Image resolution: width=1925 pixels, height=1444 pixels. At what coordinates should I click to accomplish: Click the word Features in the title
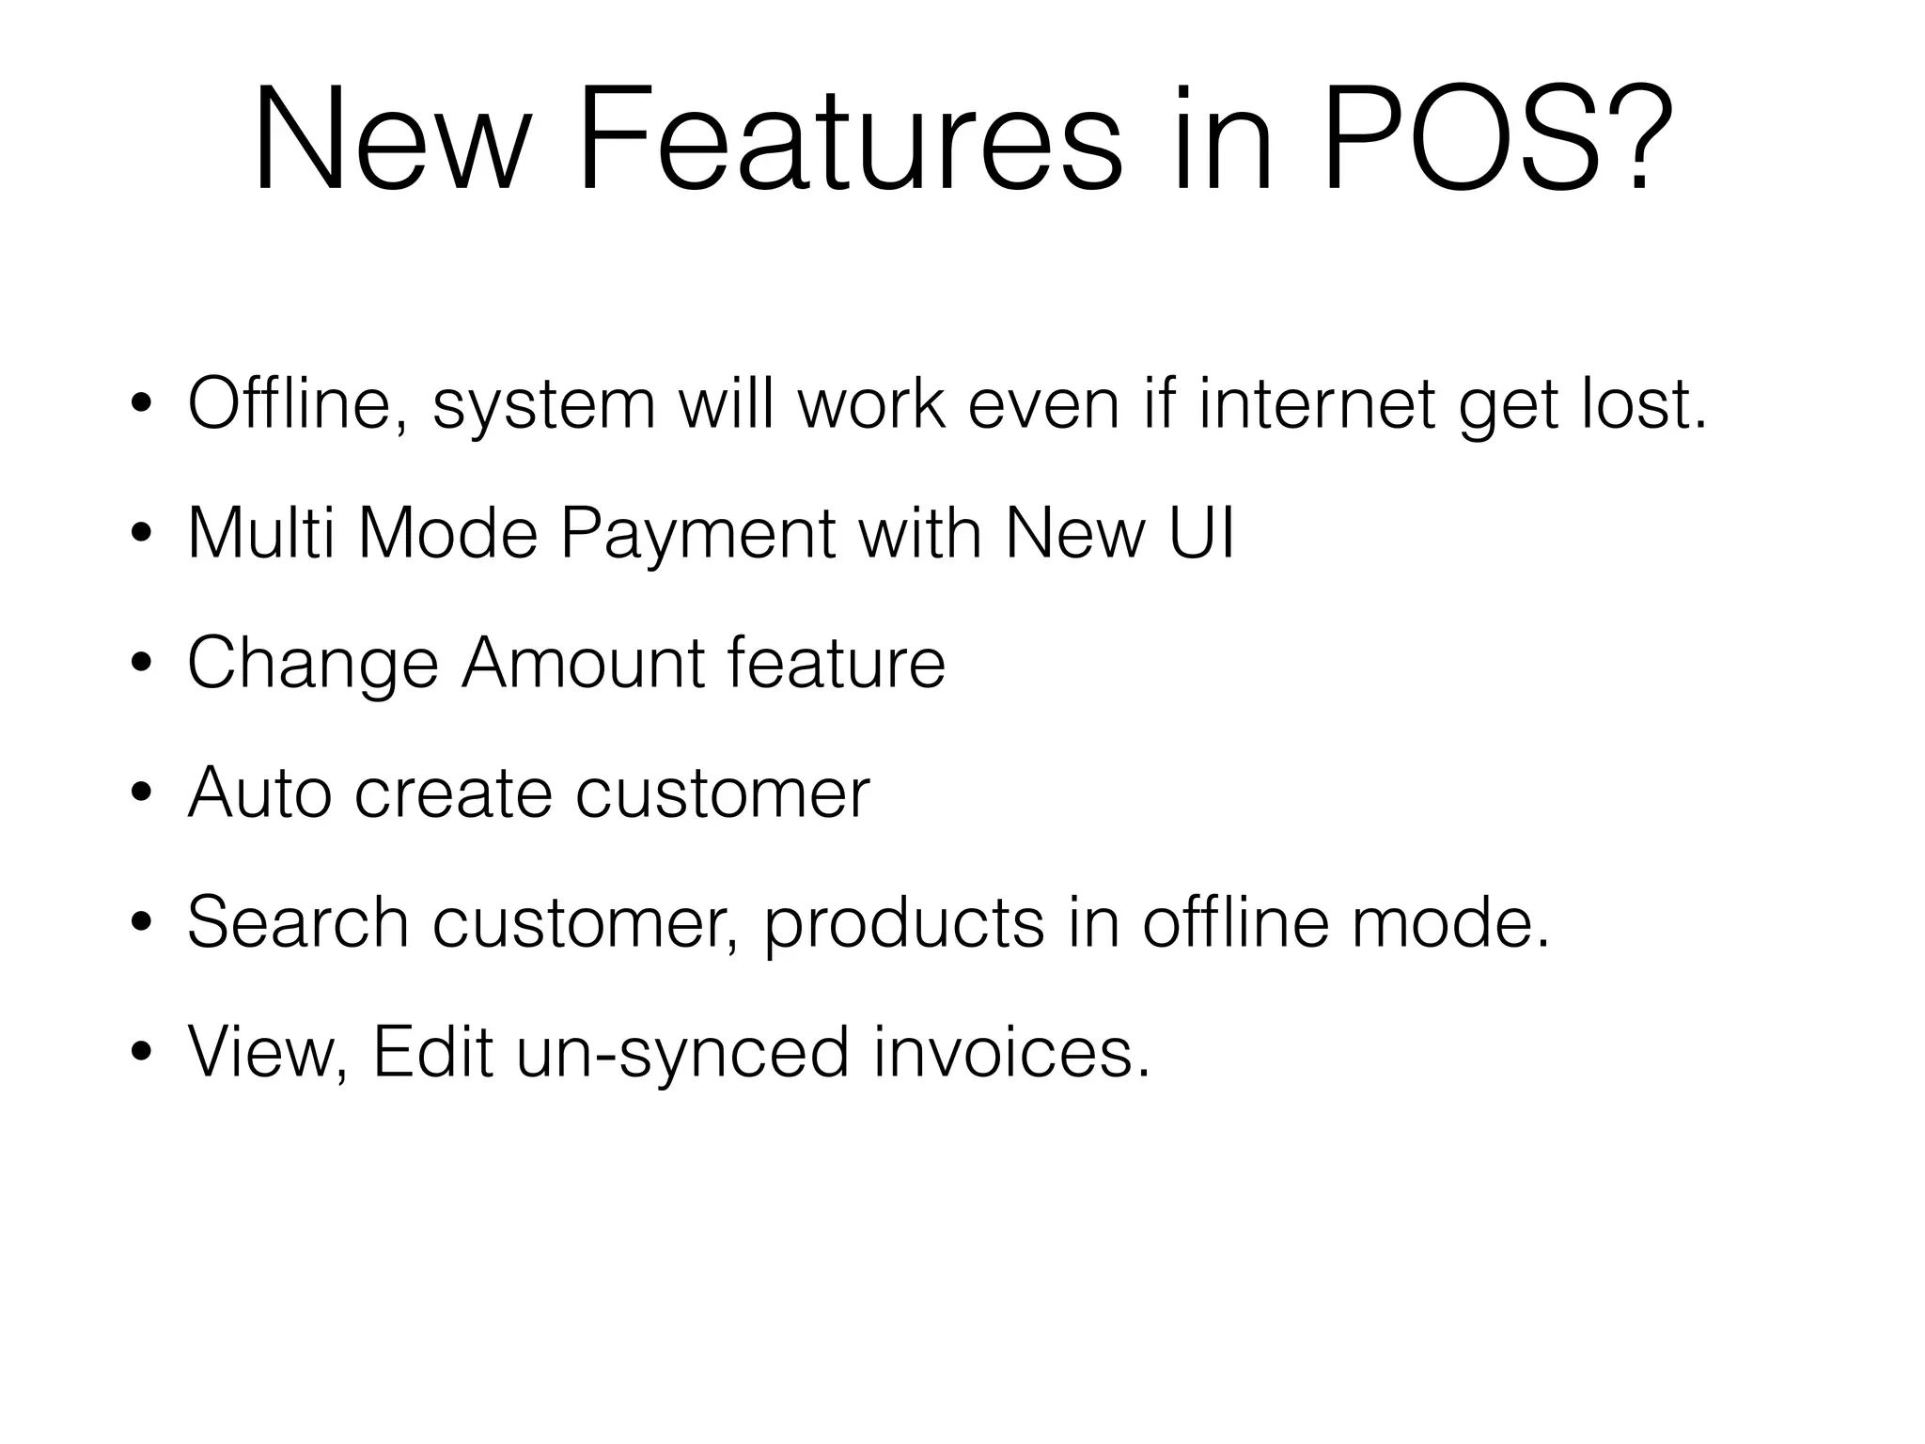coord(849,141)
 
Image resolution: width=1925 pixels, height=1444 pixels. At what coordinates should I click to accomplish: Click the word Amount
coord(582,663)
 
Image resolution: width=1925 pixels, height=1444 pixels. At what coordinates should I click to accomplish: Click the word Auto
coord(258,793)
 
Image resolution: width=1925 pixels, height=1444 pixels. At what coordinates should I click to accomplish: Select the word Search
coord(297,922)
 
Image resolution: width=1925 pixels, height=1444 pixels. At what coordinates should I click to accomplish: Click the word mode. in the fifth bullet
coord(1450,922)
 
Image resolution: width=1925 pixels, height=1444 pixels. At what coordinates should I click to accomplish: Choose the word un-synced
coord(682,1053)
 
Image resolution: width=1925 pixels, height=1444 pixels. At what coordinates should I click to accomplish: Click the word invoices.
coord(1011,1052)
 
